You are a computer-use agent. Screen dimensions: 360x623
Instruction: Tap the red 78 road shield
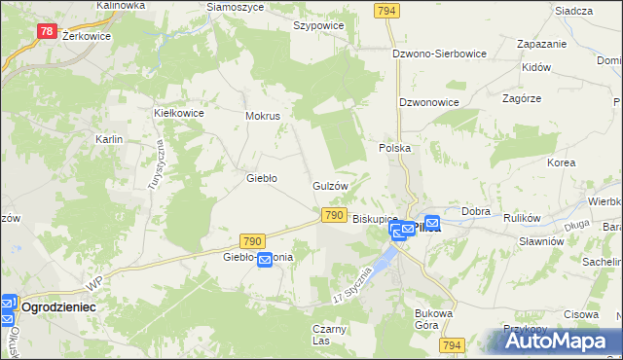click(47, 31)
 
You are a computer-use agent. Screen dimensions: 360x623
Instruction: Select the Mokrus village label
click(263, 116)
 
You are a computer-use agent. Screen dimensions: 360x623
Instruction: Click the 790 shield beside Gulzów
click(333, 214)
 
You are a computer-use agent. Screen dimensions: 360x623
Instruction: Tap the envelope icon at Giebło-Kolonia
click(264, 259)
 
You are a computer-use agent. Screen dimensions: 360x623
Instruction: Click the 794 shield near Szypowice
click(385, 10)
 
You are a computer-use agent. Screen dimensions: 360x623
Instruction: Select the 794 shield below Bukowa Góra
click(451, 345)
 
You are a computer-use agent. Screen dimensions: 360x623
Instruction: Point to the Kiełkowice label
click(178, 113)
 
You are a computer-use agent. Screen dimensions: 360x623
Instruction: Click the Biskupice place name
click(376, 220)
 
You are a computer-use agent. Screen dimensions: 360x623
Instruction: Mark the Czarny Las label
click(330, 335)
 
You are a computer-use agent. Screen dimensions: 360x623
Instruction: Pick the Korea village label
click(561, 162)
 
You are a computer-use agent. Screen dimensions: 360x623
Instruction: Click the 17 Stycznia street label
click(351, 283)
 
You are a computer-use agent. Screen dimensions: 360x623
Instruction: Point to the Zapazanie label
click(542, 45)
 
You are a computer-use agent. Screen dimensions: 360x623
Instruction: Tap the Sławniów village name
click(541, 241)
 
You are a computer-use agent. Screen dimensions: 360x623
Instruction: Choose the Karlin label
click(108, 139)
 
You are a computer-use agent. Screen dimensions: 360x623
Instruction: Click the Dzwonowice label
click(429, 101)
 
